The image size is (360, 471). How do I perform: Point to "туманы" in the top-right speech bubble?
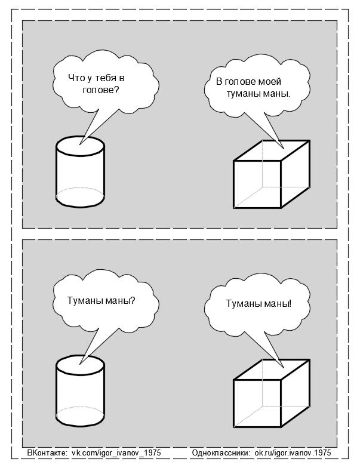pos(244,94)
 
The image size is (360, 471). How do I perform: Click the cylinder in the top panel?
pos(80,173)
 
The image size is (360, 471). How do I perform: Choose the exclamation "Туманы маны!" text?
pos(259,303)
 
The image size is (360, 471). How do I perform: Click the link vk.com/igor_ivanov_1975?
pos(116,454)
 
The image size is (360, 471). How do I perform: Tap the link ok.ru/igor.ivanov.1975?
pos(293,454)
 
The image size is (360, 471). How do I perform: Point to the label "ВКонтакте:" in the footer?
pos(48,454)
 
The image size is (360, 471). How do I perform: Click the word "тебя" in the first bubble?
pos(108,78)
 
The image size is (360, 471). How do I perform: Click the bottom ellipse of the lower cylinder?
pos(80,414)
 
